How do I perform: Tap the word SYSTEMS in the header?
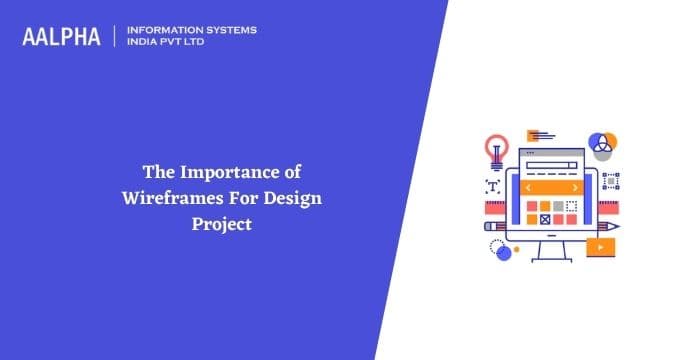[230, 30]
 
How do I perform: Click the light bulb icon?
[496, 151]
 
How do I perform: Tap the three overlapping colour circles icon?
[604, 143]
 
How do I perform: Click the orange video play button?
[601, 247]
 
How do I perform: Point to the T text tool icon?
[492, 185]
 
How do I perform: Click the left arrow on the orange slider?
[528, 187]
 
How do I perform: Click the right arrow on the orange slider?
[574, 187]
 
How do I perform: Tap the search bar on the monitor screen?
[551, 165]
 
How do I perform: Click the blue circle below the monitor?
[504, 253]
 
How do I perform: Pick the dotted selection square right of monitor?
[611, 180]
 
